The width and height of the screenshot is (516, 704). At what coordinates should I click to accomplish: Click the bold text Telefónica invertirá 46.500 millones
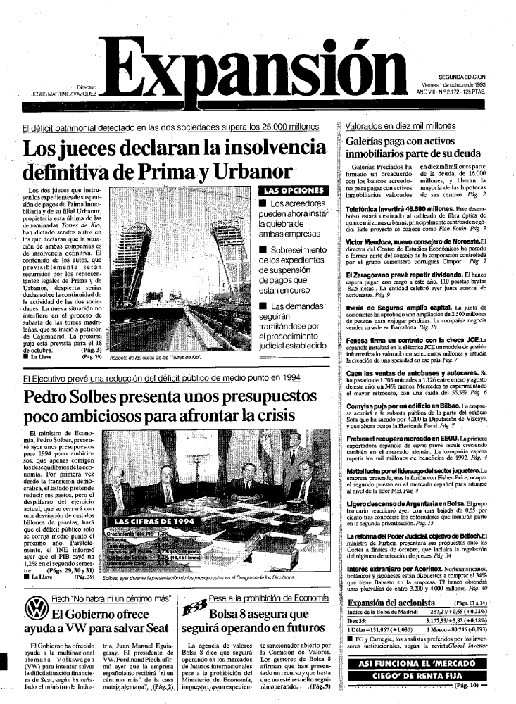pyautogui.click(x=383, y=210)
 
